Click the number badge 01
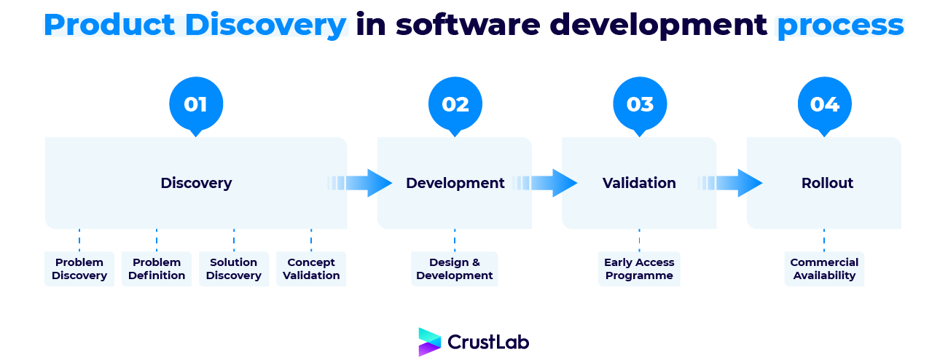195,104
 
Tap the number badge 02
455,104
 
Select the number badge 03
640,104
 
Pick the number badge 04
824,104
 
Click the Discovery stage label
196,183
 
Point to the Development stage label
455,183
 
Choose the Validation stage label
639,183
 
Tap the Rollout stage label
827,183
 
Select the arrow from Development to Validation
547,183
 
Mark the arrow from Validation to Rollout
732,183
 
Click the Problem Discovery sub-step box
79,269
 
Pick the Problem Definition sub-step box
157,269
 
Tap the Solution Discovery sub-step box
234,269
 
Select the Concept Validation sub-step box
311,269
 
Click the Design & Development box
455,269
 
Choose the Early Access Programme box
639,269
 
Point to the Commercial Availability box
824,269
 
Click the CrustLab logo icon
430,342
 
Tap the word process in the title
840,26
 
